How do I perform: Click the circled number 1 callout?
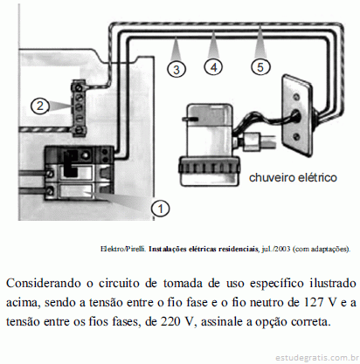(160, 209)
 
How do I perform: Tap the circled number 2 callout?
(40, 106)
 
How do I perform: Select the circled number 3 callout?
(177, 69)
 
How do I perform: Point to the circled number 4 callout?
(214, 67)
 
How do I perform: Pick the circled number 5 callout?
(260, 67)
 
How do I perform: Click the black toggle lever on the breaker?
(71, 163)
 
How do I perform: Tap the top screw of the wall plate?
(296, 95)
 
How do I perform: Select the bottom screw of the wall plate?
(297, 135)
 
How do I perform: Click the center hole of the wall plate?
(295, 115)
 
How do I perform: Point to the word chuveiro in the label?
(272, 177)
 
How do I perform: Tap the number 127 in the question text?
(315, 303)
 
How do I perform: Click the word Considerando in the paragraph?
(43, 283)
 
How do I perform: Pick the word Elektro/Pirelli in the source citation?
(123, 249)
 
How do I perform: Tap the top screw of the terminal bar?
(78, 87)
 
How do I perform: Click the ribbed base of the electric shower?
(209, 169)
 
